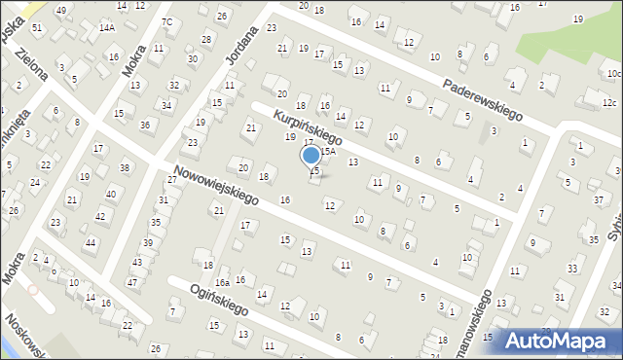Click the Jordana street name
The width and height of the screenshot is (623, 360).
coord(242,59)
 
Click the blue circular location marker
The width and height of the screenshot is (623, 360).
coord(311,155)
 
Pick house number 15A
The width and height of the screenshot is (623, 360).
coord(328,151)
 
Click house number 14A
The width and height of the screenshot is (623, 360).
coord(106,28)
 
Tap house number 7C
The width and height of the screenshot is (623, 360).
coord(166,21)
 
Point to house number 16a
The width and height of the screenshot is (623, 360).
coord(222,282)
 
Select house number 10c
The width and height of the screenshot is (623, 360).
coord(612,73)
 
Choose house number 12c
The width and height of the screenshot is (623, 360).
coord(609,103)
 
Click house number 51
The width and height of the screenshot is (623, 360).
coord(37,27)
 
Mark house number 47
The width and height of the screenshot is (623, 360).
coord(132,281)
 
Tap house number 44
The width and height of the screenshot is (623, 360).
coord(91,241)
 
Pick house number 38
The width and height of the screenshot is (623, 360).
coord(125,167)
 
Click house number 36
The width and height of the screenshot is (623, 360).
coord(145,125)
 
